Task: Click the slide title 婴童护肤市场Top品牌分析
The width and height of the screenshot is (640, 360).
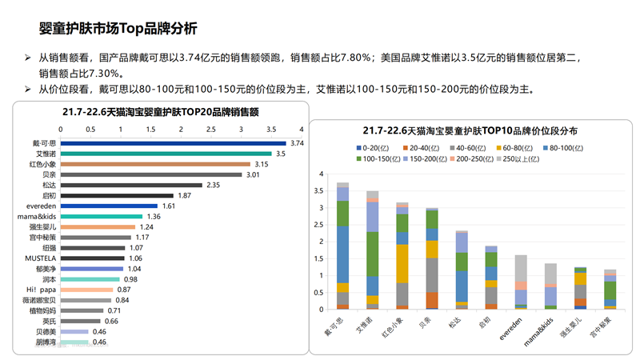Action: pos(118,30)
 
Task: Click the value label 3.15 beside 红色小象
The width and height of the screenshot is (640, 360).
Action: pos(261,164)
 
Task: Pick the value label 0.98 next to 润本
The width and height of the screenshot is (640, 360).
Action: pos(130,279)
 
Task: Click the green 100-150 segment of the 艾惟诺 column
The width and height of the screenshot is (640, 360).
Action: pos(372,254)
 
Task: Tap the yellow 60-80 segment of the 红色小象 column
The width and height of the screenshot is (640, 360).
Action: pos(402,263)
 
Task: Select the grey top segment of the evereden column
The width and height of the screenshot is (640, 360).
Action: pos(521,268)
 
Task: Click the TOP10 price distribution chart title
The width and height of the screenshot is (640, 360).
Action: pos(470,130)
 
